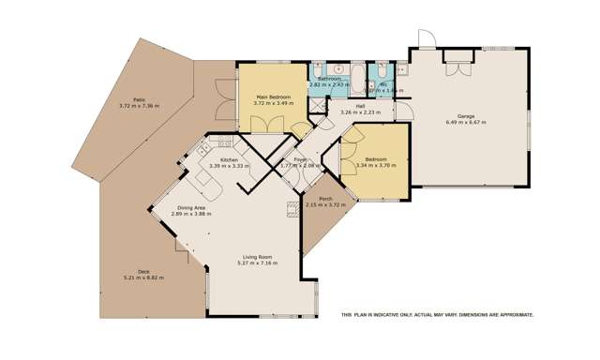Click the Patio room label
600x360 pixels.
point(138,99)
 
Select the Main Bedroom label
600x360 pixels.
point(274,97)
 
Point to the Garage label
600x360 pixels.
point(466,116)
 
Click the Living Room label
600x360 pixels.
point(257,256)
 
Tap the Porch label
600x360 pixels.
point(326,199)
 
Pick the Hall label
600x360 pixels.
point(360,106)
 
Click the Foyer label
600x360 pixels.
point(300,160)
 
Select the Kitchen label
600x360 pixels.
point(228,160)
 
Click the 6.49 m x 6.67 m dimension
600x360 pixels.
point(466,123)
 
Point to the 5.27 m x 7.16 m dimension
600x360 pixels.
point(257,262)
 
